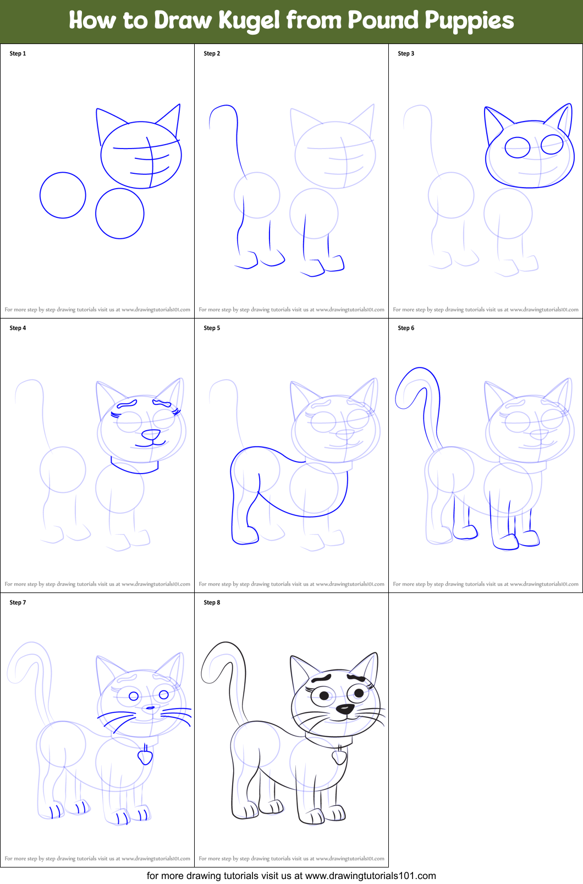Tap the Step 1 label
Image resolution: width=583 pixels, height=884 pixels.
18,53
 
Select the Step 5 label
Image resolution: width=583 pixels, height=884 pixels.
212,328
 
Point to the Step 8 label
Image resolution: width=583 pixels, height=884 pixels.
212,602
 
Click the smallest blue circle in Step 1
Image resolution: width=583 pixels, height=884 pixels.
63,195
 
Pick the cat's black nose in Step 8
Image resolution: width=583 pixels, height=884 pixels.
345,709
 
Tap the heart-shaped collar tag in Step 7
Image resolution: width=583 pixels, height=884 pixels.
145,757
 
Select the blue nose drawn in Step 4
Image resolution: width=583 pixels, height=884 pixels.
151,435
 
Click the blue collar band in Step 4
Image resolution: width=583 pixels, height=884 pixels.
135,468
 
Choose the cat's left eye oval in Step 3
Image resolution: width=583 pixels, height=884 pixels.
517,147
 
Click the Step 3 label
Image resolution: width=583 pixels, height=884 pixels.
406,53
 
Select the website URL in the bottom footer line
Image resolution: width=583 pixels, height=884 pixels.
370,875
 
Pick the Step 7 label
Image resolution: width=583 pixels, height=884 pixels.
18,602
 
